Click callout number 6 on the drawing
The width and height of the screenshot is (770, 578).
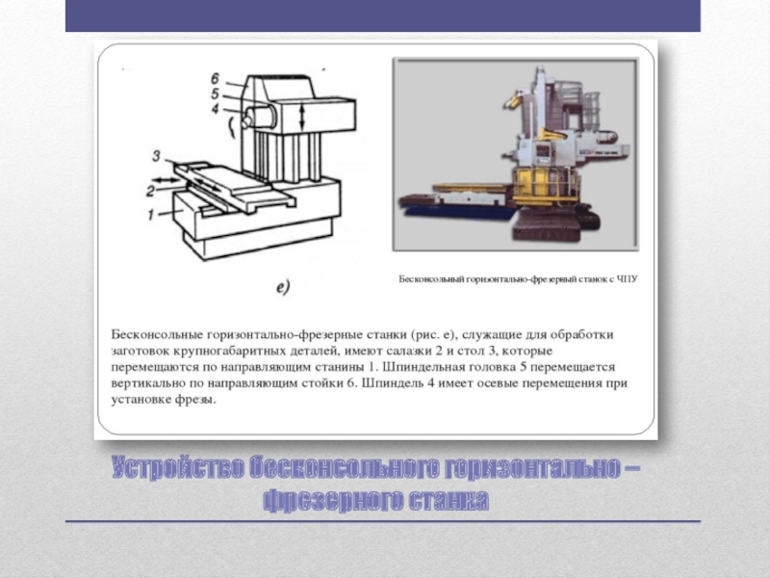[x=215, y=79]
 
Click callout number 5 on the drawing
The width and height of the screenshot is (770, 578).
[x=215, y=93]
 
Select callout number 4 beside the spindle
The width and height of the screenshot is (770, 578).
[x=215, y=109]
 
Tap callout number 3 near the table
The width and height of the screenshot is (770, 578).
[x=156, y=156]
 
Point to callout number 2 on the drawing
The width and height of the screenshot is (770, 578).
[x=151, y=191]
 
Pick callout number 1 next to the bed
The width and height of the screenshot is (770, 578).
[x=151, y=214]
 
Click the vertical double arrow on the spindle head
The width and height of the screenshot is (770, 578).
[x=302, y=116]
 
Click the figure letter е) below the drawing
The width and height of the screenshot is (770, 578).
[x=283, y=286]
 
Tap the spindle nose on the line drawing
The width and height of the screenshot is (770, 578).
[x=246, y=119]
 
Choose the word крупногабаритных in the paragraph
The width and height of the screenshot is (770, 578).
[x=231, y=351]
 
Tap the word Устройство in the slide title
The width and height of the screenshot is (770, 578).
[x=177, y=467]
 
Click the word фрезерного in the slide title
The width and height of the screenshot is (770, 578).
[x=332, y=501]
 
